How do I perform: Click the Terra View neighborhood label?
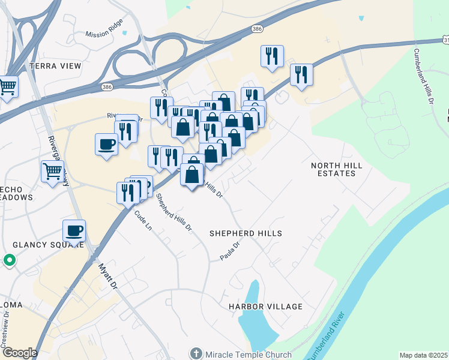click(55, 66)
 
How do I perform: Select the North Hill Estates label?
click(333, 169)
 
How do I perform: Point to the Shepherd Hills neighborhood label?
click(246, 233)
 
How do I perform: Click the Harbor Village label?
click(265, 307)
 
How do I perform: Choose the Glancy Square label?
click(49, 244)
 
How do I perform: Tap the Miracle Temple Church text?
click(248, 355)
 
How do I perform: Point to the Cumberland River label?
click(324, 336)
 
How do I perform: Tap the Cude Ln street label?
click(141, 218)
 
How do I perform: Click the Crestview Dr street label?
click(5, 330)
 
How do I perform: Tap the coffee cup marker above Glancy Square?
click(74, 230)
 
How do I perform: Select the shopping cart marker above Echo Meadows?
click(52, 172)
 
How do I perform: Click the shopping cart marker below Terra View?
click(8, 86)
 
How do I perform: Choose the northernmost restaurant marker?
click(272, 56)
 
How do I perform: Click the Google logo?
click(19, 353)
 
